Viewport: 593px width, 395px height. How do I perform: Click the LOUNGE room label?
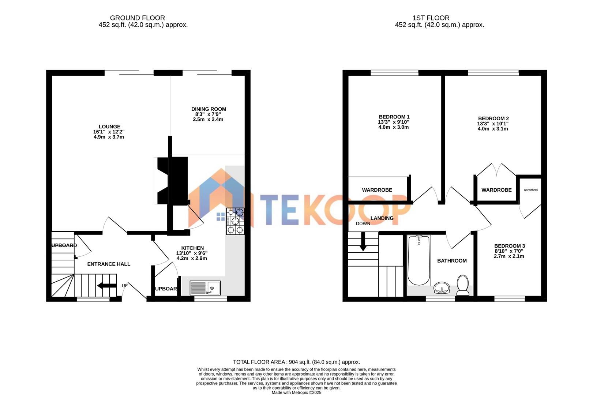pos(109,127)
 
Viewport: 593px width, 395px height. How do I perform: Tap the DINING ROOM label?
pos(209,109)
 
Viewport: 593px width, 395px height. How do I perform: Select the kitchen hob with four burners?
pos(235,221)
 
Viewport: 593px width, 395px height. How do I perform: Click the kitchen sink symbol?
pos(205,288)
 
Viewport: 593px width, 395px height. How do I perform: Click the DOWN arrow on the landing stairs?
pos(363,244)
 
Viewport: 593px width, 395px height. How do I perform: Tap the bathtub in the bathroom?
pos(419,260)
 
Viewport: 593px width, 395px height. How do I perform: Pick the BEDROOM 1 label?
pos(394,117)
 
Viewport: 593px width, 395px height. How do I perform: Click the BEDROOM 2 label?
pos(493,118)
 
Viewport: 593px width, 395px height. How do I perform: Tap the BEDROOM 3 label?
pos(509,246)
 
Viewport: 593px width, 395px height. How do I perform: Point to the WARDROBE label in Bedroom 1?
pos(377,190)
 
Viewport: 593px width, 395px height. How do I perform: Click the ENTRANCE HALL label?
pos(109,264)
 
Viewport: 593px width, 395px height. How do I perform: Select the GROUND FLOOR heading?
pos(138,18)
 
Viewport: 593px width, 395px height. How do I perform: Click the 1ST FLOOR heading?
pos(431,18)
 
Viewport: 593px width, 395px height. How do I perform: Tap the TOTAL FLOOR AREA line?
pos(296,362)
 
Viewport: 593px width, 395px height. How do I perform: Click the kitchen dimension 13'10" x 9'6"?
pos(192,253)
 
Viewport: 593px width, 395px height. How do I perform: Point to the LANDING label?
pos(382,218)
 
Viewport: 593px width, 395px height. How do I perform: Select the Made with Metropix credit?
pos(296,392)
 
